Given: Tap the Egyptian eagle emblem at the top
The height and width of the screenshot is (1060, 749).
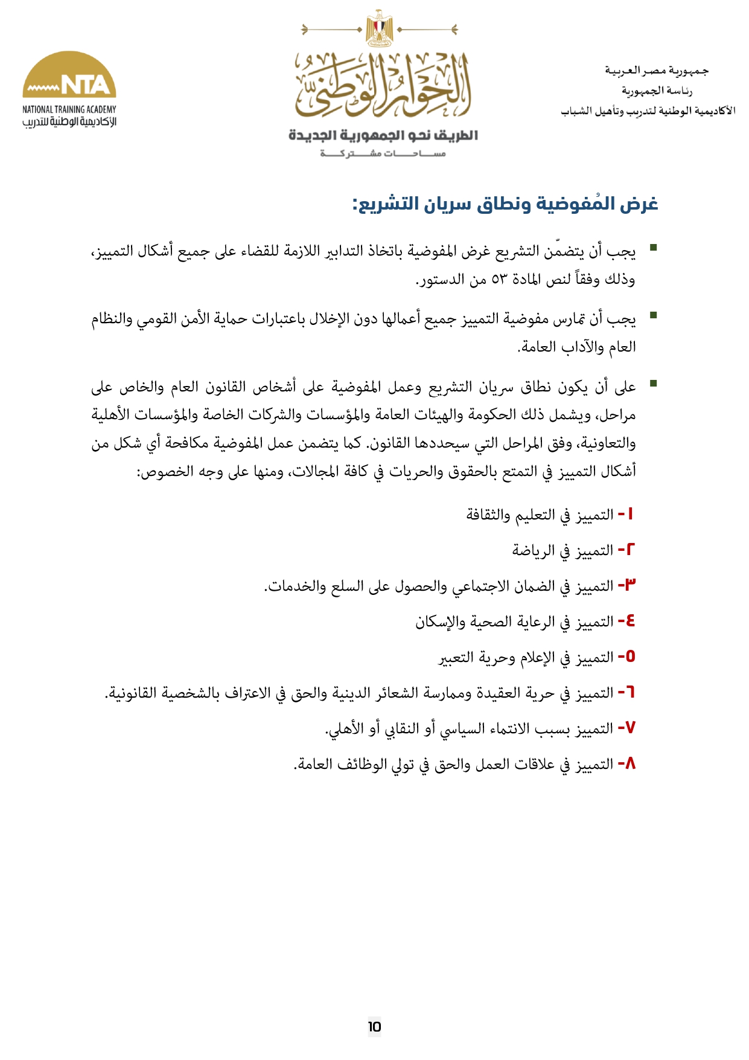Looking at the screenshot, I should pos(380,28).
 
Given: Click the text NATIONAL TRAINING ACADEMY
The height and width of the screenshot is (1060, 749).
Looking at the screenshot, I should pos(69,109).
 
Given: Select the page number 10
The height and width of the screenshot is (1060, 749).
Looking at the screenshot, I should pos(374,1026).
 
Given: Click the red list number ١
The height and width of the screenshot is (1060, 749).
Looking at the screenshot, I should pos(631,514).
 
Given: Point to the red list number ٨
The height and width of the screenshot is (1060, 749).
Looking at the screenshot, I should pos(629,763).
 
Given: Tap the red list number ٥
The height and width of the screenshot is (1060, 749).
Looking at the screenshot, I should pos(630,657).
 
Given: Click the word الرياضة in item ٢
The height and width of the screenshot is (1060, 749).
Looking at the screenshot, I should pos(533,550).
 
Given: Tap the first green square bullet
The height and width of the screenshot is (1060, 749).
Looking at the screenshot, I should pos(653,248).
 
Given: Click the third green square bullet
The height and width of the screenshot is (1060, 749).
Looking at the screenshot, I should pos(653,383).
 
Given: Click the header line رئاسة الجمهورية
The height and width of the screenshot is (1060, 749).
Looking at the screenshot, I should pos(657,91).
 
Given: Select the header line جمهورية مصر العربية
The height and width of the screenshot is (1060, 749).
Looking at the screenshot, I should pos(657,71).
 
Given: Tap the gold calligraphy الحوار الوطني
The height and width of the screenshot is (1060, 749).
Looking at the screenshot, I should pos(382,86).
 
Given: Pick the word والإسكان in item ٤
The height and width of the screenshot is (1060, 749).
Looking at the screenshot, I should pos(439,622).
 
